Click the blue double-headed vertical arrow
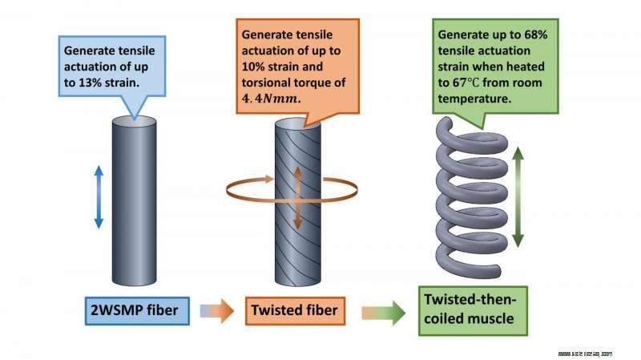[99, 196]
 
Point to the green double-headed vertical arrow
[518, 196]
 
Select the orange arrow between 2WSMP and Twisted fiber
[216, 309]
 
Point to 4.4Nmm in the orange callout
[271, 99]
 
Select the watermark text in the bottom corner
[584, 352]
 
